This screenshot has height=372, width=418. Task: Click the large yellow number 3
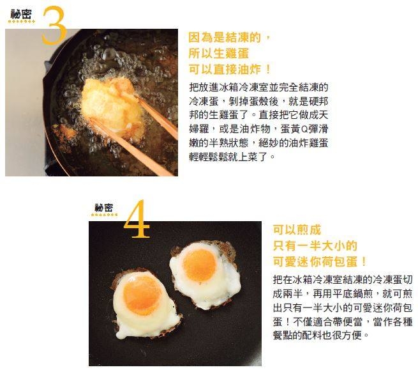pos(54,26)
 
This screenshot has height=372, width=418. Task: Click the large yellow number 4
pos(137,219)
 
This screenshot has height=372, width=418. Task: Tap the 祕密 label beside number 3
pos(21,14)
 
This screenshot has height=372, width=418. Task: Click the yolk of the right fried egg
pos(199,265)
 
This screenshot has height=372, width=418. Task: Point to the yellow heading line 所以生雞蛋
pos(219,54)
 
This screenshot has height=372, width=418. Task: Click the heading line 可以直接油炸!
pos(230,70)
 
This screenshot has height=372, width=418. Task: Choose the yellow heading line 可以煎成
pos(297,230)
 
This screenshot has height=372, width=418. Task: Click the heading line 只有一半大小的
pos(315,245)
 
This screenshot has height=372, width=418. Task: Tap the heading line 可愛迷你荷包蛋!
pos(320,262)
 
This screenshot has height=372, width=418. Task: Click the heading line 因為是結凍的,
pos(229,37)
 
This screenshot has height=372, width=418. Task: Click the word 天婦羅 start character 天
pos(323,115)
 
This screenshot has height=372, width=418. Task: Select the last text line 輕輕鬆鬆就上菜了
pos(232,157)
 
